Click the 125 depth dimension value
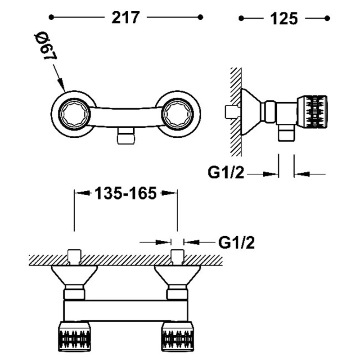coord(284,18)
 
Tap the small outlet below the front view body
coord(126,135)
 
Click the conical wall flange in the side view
coord(251,110)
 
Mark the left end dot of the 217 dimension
coord(51,18)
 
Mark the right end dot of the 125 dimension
coord(328,18)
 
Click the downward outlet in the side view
coord(286,133)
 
